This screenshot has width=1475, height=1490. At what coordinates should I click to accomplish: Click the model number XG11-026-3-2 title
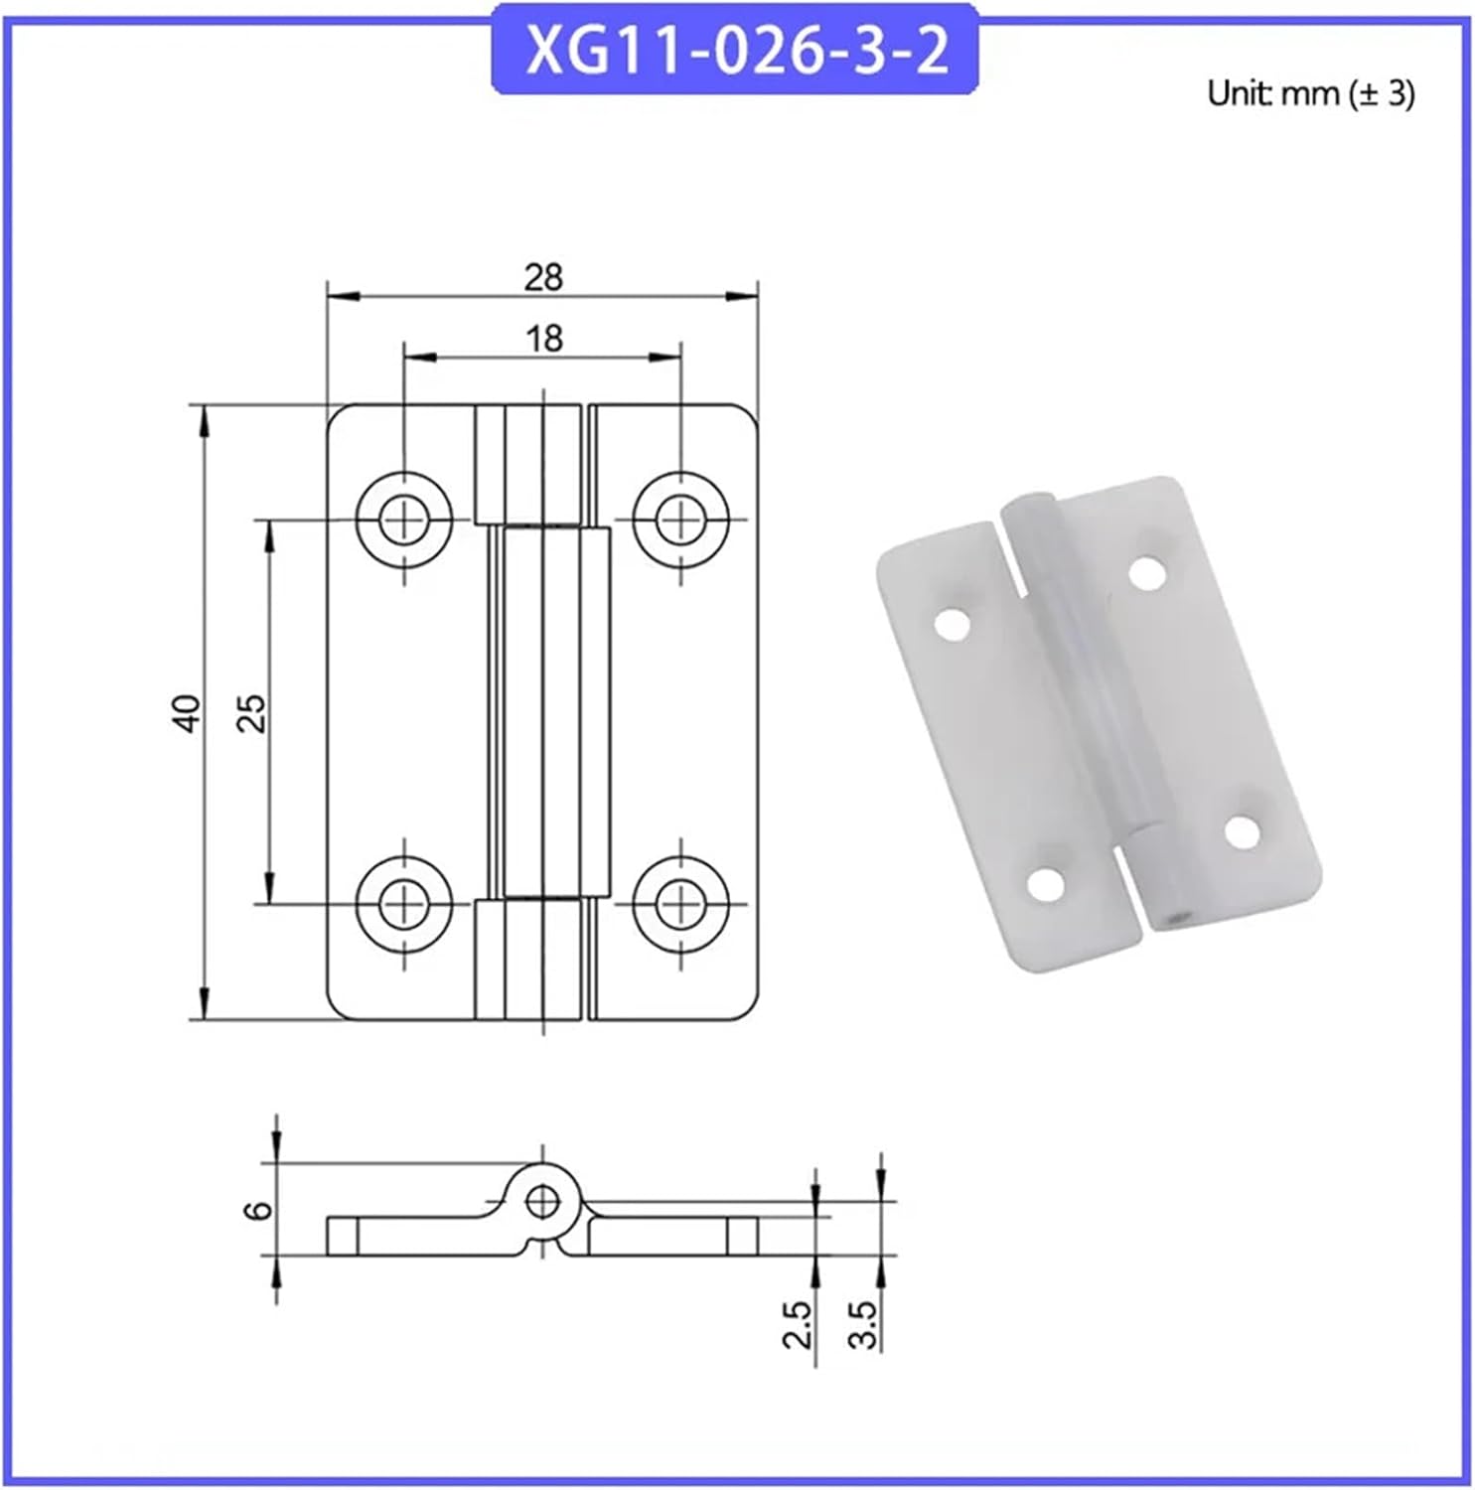click(x=735, y=50)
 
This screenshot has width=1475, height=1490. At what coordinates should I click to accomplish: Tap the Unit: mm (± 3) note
click(x=1310, y=93)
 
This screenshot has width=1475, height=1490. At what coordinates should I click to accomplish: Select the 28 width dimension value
click(x=543, y=277)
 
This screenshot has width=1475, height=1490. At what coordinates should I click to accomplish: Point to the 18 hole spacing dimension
click(x=543, y=339)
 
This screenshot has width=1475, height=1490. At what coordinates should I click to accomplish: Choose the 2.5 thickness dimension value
click(x=798, y=1324)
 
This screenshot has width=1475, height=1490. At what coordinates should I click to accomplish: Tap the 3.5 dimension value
click(x=864, y=1324)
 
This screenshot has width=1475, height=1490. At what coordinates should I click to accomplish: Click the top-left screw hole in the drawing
click(x=404, y=519)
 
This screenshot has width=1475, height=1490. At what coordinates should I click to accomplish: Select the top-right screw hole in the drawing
click(x=680, y=519)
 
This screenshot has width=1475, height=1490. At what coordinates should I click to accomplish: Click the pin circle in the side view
click(x=541, y=1202)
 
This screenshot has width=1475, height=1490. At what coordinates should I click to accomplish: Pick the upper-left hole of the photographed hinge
click(x=953, y=624)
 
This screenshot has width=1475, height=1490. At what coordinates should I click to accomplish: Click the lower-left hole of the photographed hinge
click(x=1045, y=883)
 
